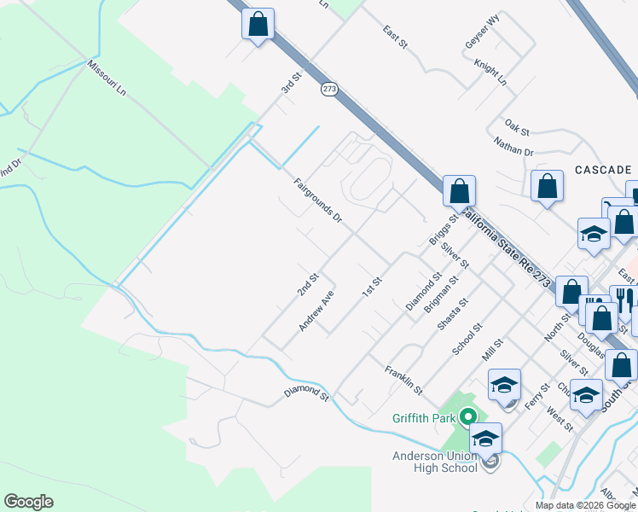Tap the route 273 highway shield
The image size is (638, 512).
click(329, 89)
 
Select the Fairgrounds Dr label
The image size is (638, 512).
click(317, 201)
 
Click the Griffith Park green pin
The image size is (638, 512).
click(467, 417)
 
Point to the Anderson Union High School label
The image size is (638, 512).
click(434, 462)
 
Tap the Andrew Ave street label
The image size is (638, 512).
click(315, 312)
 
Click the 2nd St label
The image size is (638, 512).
click(307, 285)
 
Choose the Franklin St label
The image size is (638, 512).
click(403, 380)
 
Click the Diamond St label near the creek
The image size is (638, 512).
click(306, 393)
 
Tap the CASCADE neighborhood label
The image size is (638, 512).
click(602, 170)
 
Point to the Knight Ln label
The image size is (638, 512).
click(491, 73)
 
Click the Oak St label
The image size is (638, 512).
click(517, 127)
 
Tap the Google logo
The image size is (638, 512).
click(29, 502)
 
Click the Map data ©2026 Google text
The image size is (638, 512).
click(584, 504)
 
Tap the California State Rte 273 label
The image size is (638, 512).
click(512, 248)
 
